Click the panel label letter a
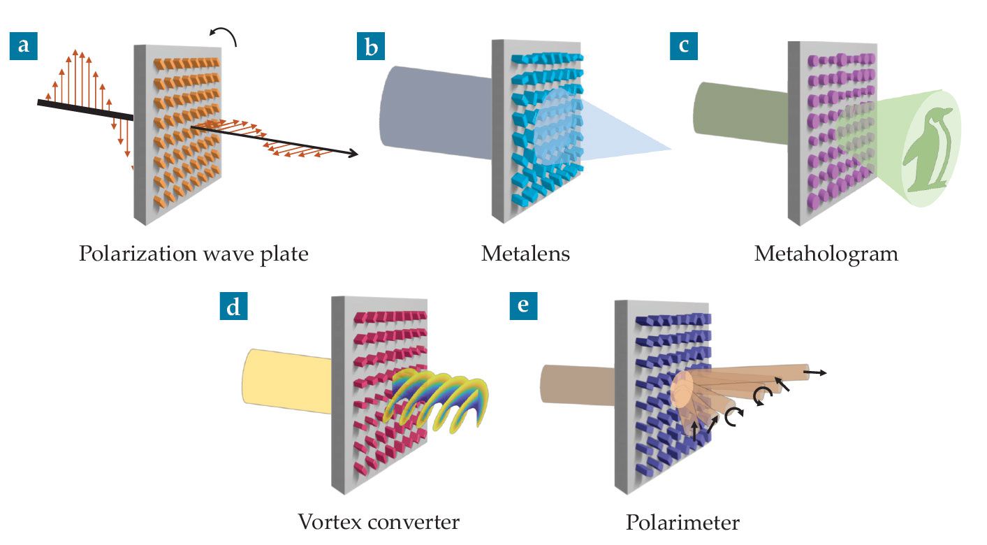tap(23, 46)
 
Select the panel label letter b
tap(370, 46)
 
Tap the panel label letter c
tap(682, 46)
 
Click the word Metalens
tap(525, 254)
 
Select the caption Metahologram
tap(826, 254)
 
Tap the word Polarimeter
tap(682, 523)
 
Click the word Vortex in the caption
tap(332, 522)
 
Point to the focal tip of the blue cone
tap(669, 149)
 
